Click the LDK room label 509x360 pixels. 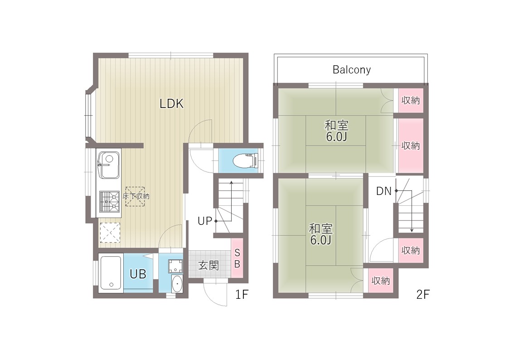(172, 103)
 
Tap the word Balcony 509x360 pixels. (352, 70)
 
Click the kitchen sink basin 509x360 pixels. (109, 165)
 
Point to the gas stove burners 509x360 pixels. (109, 201)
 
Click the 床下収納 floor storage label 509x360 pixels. (136, 196)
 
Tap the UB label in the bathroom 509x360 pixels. (138, 274)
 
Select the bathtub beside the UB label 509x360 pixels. (111, 272)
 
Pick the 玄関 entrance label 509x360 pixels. (208, 266)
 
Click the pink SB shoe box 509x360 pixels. (237, 258)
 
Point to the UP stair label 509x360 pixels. (205, 221)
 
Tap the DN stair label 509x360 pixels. (384, 191)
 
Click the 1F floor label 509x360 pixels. (242, 294)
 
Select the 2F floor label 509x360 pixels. (422, 294)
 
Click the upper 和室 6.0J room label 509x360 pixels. (337, 131)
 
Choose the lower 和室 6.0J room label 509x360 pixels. (320, 234)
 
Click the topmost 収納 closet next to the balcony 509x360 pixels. (411, 100)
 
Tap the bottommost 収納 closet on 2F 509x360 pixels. (380, 281)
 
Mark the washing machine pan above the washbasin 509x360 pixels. (175, 266)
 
